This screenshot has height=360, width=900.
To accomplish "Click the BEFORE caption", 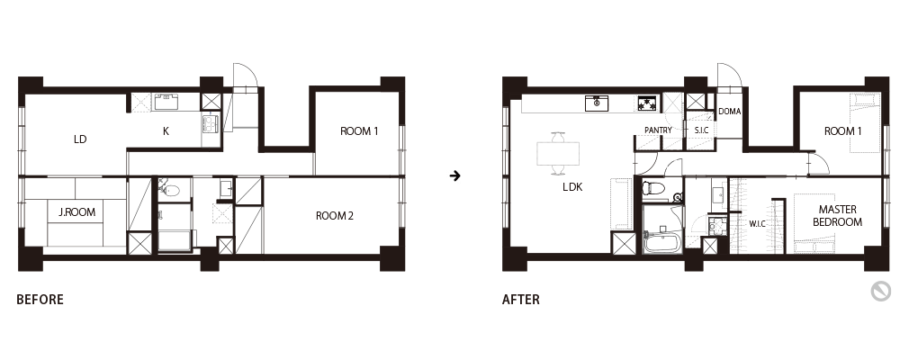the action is [40, 299].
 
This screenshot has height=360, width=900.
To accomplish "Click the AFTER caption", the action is [520, 299].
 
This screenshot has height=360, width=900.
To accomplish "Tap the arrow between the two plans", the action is [455, 175].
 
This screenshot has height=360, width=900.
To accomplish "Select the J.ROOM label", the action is [76, 212].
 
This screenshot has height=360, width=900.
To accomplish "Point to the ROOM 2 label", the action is [335, 216].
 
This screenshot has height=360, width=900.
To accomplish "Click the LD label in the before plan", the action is [80, 139].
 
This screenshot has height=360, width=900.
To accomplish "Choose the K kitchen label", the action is [166, 131].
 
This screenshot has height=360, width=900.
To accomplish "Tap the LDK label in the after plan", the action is [572, 186].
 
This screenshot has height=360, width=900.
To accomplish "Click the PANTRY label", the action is [658, 130].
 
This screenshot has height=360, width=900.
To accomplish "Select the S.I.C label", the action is [701, 130].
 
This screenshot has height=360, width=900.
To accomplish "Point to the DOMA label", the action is [730, 112].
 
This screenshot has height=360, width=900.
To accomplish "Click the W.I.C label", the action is [757, 224].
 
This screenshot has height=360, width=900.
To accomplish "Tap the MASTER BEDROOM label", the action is [837, 216].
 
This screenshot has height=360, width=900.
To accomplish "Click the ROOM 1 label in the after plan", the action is [843, 131].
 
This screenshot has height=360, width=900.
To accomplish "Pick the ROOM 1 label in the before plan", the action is [359, 131].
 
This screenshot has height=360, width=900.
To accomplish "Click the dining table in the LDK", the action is [558, 153].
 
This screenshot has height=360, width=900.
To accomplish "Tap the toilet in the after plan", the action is [655, 188].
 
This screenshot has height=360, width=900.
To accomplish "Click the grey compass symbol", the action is [880, 292].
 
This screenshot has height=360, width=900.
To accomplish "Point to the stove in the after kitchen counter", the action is [648, 103].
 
